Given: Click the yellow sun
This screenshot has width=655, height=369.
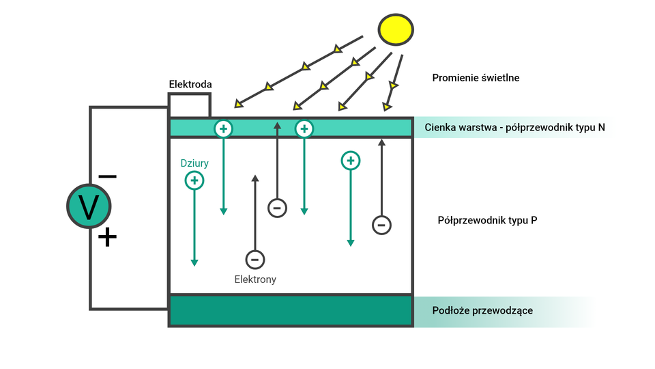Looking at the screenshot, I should pyautogui.click(x=396, y=28).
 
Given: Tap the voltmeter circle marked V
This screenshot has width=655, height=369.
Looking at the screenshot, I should pyautogui.click(x=89, y=206).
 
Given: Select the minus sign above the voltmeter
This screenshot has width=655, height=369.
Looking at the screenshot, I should pyautogui.click(x=107, y=176).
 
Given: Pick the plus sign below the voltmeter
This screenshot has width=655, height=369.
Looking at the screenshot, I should pyautogui.click(x=107, y=237).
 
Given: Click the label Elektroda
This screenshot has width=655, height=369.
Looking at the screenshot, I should pyautogui.click(x=190, y=84).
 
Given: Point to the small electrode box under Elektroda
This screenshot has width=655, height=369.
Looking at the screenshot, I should pyautogui.click(x=189, y=106).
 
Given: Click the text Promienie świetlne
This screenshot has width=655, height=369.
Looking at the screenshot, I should pyautogui.click(x=476, y=78).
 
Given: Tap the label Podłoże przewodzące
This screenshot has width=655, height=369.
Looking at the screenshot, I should pyautogui.click(x=482, y=311).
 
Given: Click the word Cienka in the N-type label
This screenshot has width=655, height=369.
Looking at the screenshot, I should pyautogui.click(x=439, y=127).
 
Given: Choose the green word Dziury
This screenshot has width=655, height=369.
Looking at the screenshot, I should pyautogui.click(x=194, y=163).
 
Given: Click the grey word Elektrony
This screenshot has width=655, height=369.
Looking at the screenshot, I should pyautogui.click(x=255, y=279).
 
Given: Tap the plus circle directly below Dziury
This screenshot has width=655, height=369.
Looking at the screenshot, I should pyautogui.click(x=194, y=180).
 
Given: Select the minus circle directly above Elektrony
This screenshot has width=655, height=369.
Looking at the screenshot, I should pyautogui.click(x=255, y=260).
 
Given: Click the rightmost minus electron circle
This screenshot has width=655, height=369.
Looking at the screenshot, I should pyautogui.click(x=381, y=225).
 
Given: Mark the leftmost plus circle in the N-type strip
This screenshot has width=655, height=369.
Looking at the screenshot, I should pyautogui.click(x=223, y=128).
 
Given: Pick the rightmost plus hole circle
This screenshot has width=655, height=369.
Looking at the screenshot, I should pyautogui.click(x=350, y=161).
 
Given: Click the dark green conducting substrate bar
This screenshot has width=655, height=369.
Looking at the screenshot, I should pyautogui.click(x=291, y=311).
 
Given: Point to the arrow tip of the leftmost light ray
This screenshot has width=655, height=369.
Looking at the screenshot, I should pyautogui.click(x=237, y=105).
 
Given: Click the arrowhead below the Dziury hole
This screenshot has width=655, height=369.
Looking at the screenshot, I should pyautogui.click(x=194, y=262).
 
